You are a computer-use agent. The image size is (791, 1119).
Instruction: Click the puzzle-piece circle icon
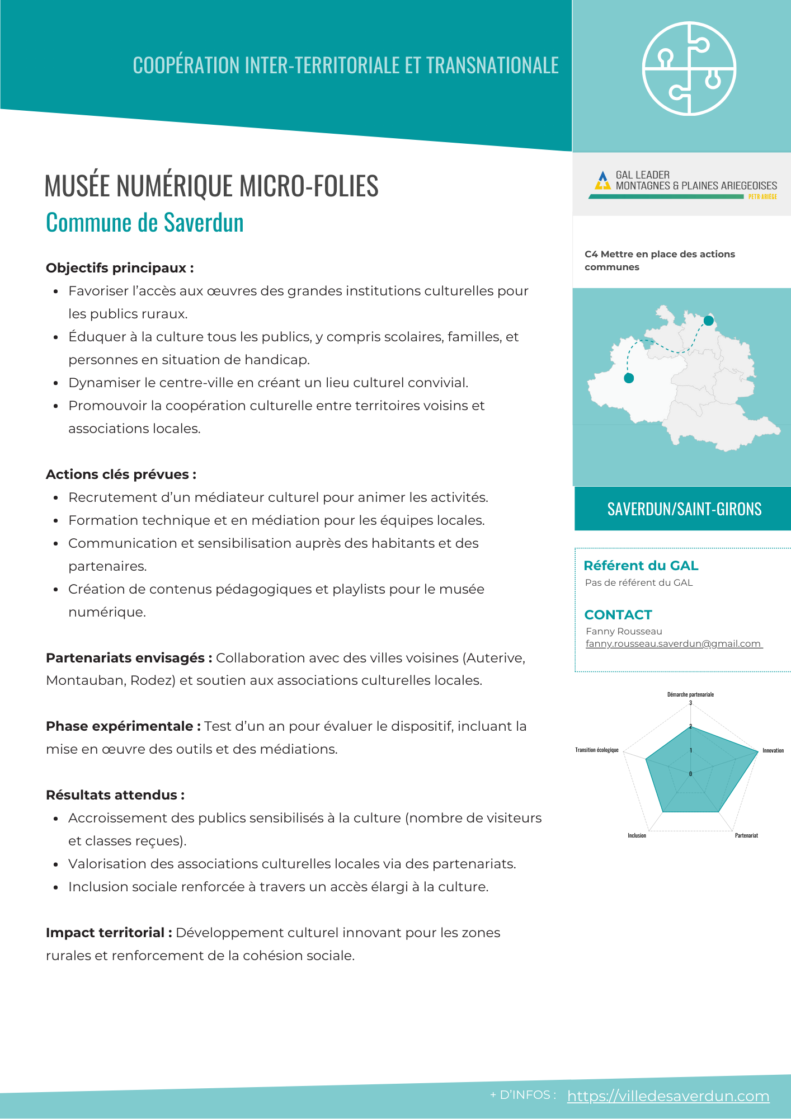(x=689, y=69)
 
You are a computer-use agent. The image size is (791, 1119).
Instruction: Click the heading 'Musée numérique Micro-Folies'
(x=211, y=186)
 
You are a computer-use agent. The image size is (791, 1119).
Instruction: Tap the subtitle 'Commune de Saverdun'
(x=145, y=223)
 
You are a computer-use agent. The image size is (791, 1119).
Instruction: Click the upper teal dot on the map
(x=708, y=321)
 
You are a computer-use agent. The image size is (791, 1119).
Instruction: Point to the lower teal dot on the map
(x=629, y=378)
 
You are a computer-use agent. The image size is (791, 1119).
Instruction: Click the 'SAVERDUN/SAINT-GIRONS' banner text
(x=684, y=509)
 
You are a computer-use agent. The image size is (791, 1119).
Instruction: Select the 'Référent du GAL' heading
(x=641, y=566)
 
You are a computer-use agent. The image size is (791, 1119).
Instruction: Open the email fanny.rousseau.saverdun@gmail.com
(x=674, y=643)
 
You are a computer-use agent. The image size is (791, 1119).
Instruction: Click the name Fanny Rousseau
(x=624, y=631)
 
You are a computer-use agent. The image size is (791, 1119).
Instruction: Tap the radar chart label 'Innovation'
(x=773, y=750)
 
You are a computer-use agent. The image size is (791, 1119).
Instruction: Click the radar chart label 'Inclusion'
(x=637, y=835)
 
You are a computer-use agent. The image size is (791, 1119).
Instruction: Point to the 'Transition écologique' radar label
(x=597, y=750)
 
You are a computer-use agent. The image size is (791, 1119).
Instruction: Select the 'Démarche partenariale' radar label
(x=690, y=694)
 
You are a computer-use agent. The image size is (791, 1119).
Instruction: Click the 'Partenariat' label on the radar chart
(x=746, y=835)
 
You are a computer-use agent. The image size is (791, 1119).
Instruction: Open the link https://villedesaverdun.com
(x=668, y=1096)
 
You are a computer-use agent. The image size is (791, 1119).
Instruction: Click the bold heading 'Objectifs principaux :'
(x=120, y=268)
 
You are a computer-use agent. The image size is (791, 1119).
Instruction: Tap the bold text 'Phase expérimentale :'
(x=123, y=726)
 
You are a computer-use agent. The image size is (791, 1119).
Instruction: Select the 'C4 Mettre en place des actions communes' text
(x=660, y=260)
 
